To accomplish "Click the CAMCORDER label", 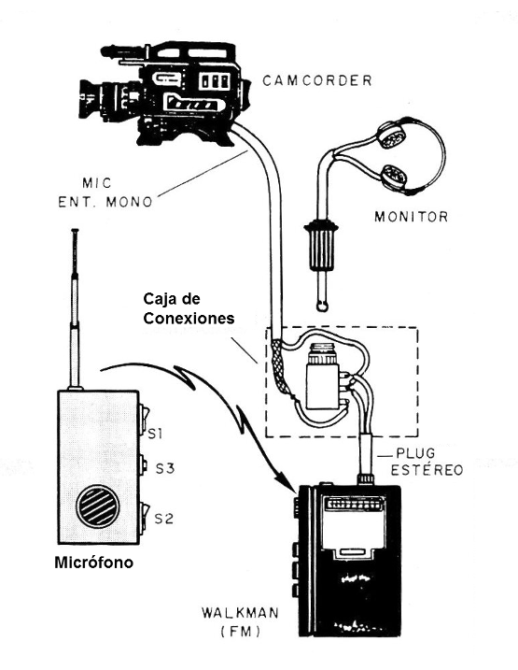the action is click(x=317, y=80).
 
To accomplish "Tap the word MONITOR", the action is click(x=412, y=217).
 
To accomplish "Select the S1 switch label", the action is click(x=155, y=435).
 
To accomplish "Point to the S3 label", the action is click(x=164, y=469).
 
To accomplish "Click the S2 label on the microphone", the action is click(x=164, y=519).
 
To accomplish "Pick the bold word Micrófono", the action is click(x=94, y=563).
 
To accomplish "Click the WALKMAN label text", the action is click(x=240, y=613).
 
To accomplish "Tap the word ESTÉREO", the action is click(x=427, y=470).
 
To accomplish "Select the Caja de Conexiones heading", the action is click(x=189, y=308).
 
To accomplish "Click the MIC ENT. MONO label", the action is click(x=105, y=192).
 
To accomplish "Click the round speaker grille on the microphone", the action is click(x=98, y=506).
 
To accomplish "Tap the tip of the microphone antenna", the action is click(x=75, y=231).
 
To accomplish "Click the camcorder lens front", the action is click(x=83, y=99).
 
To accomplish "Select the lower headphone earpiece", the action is click(x=395, y=176).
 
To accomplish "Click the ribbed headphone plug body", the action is click(x=320, y=245).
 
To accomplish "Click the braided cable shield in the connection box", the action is click(x=279, y=364).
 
